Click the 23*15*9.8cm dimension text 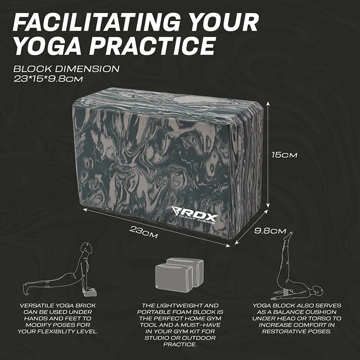(x=48, y=79)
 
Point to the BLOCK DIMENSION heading (x=66, y=69)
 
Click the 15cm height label (x=284, y=155)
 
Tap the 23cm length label (x=144, y=232)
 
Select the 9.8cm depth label (x=270, y=231)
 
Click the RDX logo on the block (x=194, y=215)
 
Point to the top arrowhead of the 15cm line (x=268, y=104)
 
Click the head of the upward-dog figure (x=87, y=248)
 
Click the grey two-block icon (x=179, y=274)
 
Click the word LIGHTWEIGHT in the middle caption (x=180, y=306)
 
